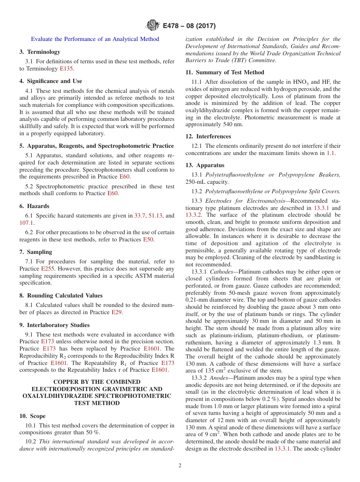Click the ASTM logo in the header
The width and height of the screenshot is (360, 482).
[153, 26]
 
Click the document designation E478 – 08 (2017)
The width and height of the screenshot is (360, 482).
[189, 26]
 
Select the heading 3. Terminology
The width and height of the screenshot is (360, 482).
[40, 52]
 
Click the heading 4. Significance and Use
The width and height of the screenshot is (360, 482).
[50, 81]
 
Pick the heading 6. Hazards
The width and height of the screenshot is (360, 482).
[34, 206]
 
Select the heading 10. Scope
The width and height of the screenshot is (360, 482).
[33, 416]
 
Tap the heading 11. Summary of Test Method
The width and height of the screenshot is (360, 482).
[225, 72]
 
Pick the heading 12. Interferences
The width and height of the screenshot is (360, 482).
[208, 136]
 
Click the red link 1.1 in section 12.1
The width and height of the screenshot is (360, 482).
[330, 153]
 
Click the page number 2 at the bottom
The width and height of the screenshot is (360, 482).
[180, 466]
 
